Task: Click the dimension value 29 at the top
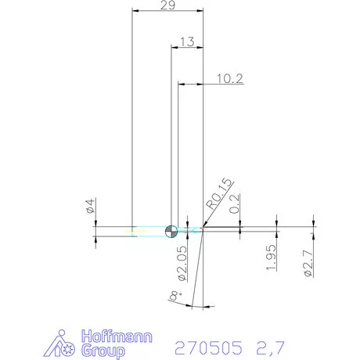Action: click(167, 5)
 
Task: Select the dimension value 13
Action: click(187, 42)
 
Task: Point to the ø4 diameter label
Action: click(91, 207)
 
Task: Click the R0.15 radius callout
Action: click(217, 194)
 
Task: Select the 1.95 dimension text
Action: click(271, 257)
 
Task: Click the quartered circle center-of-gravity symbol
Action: click(172, 230)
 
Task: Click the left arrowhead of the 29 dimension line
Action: click(135, 11)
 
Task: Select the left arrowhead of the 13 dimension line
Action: click(175, 48)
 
